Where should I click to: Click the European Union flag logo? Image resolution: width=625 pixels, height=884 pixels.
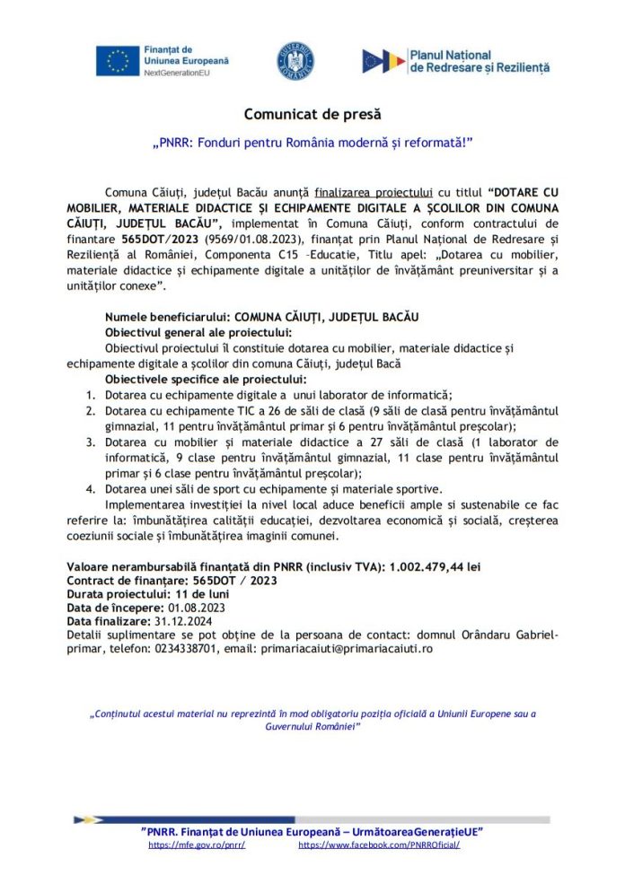(x=118, y=60)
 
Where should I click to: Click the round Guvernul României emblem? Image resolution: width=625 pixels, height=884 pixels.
(x=295, y=60)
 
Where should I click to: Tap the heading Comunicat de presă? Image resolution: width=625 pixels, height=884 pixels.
(x=312, y=115)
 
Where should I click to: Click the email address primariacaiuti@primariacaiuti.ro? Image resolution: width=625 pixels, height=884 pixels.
(x=347, y=648)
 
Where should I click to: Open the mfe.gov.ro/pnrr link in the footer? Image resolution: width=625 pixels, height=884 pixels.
(x=197, y=845)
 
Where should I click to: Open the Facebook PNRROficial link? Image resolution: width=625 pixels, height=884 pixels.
(x=378, y=845)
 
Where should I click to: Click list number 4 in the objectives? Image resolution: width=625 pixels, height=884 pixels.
(x=91, y=489)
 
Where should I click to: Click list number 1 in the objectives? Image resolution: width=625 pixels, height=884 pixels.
(x=91, y=395)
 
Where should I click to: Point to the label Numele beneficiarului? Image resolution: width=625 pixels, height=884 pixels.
(x=167, y=318)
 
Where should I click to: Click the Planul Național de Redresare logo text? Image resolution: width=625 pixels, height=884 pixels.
(x=466, y=61)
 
